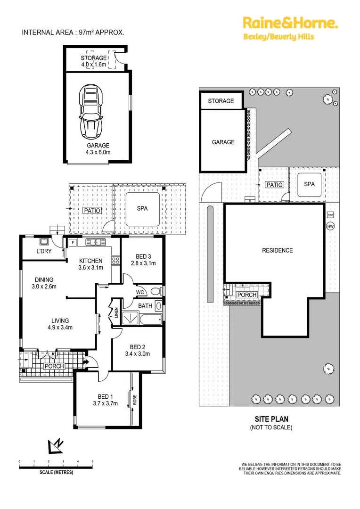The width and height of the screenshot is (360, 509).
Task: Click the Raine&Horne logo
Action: (x=289, y=23)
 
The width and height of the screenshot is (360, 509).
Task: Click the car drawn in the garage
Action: (x=91, y=109)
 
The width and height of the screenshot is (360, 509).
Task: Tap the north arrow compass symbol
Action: (x=56, y=444)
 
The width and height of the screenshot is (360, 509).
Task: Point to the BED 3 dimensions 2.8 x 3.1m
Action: (x=143, y=263)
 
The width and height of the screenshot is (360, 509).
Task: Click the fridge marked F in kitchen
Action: (x=73, y=243)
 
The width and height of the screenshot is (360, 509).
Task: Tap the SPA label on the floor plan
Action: (x=142, y=208)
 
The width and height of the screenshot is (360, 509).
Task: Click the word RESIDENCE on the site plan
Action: (x=278, y=250)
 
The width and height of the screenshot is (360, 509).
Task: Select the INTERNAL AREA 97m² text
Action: (x=73, y=33)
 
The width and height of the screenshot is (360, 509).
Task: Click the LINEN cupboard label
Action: (x=116, y=312)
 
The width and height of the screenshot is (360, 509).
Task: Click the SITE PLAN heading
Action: (x=271, y=419)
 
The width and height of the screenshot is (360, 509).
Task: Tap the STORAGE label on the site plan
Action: (x=221, y=101)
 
